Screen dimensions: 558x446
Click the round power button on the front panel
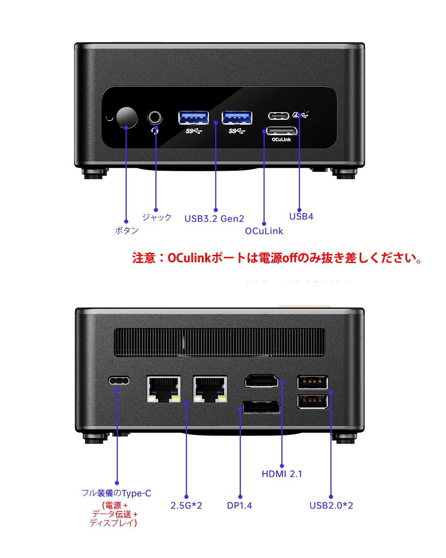click(127, 118)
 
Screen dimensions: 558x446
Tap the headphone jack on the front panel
click(155, 118)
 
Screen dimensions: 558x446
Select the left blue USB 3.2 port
click(193, 117)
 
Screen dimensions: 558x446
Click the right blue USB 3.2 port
click(237, 117)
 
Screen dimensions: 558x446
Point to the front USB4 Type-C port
click(278, 116)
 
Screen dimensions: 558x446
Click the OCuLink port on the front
click(282, 131)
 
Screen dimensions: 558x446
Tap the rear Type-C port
click(119, 381)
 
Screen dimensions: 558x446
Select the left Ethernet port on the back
click(164, 389)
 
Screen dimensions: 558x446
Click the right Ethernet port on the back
click(210, 389)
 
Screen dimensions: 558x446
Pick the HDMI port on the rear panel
click(262, 382)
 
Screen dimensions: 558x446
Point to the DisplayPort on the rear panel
click(261, 407)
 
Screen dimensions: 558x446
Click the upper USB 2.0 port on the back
click(313, 382)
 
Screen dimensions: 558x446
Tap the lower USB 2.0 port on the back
click(313, 402)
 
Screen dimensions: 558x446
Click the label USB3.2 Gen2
click(214, 219)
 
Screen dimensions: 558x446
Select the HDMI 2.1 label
click(282, 474)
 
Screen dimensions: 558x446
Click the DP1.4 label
click(239, 506)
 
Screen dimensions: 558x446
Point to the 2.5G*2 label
click(186, 506)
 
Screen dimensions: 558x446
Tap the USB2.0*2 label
click(331, 506)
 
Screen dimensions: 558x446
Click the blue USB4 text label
click(301, 217)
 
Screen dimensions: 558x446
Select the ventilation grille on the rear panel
click(220, 343)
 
